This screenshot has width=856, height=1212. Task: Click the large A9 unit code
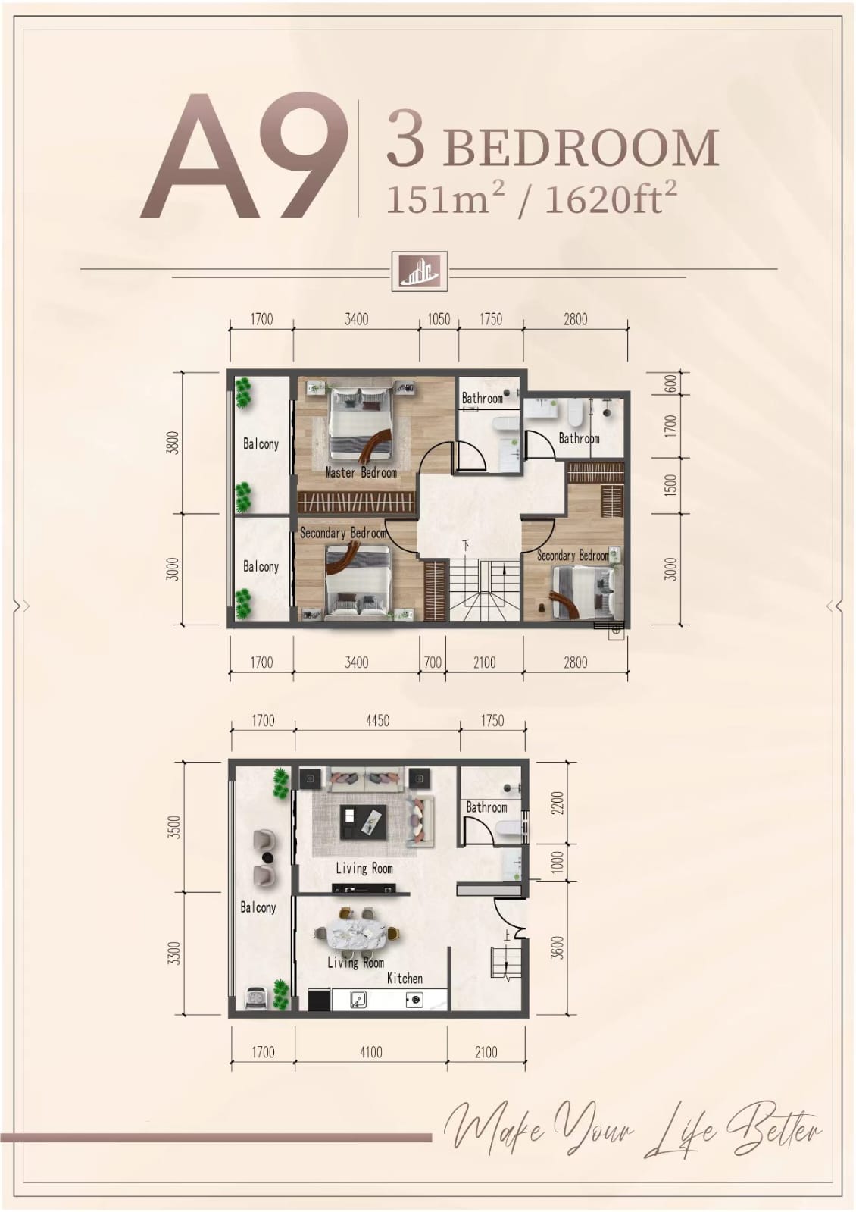[x=243, y=156]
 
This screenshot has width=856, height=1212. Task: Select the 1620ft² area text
[x=611, y=199]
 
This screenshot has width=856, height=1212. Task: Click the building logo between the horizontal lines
[x=420, y=271]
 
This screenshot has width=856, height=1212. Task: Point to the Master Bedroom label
[x=361, y=472]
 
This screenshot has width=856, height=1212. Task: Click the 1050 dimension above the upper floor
[x=439, y=319]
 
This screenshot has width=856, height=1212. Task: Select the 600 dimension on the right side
[x=670, y=384]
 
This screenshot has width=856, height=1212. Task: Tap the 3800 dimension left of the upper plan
[x=173, y=442]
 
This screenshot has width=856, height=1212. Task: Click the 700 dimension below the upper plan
[x=433, y=662]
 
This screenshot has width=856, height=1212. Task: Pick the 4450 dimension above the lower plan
[x=377, y=721]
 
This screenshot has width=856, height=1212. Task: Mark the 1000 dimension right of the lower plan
[x=558, y=862]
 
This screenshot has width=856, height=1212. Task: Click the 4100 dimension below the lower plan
[x=370, y=1052]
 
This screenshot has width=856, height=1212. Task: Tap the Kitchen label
[x=405, y=979]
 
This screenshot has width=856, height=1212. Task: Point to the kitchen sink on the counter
[x=357, y=998]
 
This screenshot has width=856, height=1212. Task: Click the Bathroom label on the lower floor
[x=486, y=807]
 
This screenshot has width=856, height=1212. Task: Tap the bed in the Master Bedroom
[x=361, y=421]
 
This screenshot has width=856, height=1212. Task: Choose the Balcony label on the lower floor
[x=258, y=907]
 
